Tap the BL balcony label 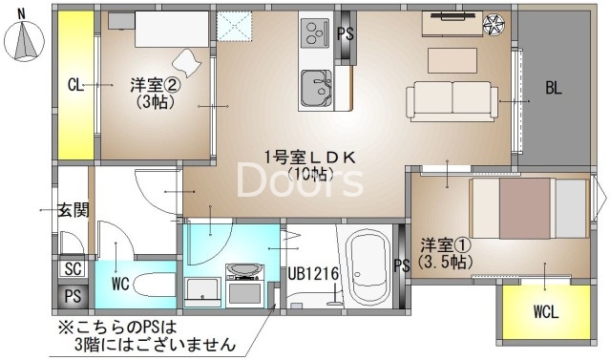coord(554,88)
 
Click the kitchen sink coord(316,90)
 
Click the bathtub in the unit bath coord(368,267)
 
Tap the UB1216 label coord(314,274)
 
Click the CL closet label coord(75,85)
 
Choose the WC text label coord(120,284)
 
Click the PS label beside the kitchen coord(347,33)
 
